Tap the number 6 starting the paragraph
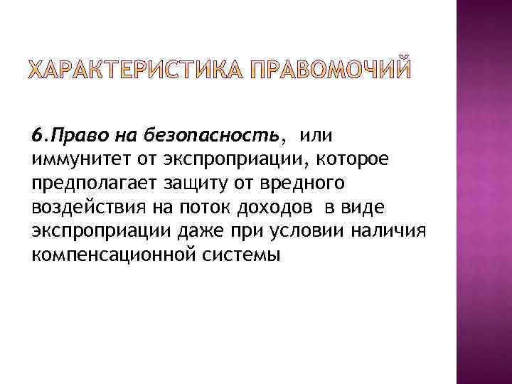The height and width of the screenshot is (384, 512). [x=36, y=135]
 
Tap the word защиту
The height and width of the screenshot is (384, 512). [x=186, y=183]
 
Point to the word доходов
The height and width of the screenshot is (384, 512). [x=276, y=208]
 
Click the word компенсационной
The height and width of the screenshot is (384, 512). [x=111, y=256]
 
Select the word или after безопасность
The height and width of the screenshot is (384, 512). [x=316, y=135]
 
